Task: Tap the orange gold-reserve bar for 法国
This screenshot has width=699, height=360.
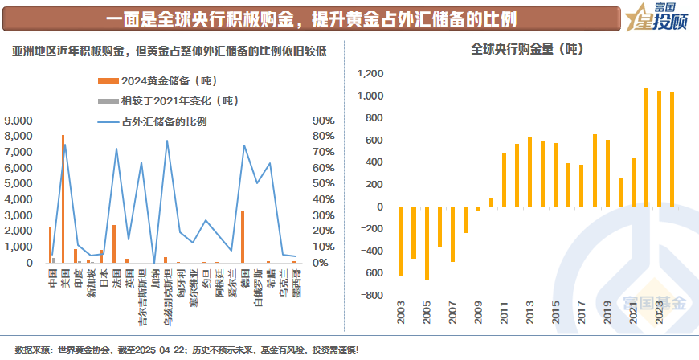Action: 114,243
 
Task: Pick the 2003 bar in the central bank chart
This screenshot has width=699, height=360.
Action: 400,241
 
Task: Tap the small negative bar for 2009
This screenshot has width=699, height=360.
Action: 478,209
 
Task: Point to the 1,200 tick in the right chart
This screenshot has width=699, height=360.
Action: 370,74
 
